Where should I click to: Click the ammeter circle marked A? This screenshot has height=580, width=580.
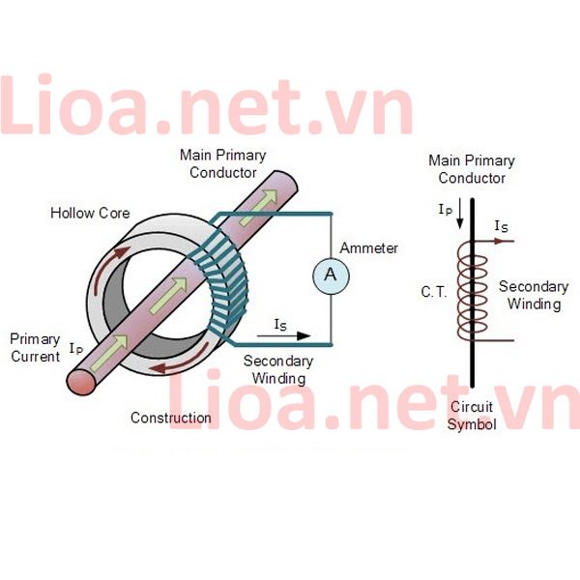[x=331, y=275]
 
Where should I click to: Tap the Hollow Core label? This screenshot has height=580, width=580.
[x=90, y=214]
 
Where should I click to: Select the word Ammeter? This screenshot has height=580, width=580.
[x=369, y=248]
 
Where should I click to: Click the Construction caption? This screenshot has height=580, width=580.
[x=171, y=418]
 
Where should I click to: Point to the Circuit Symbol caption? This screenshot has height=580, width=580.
[x=472, y=416]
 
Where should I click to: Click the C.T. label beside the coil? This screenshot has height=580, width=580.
[x=434, y=292]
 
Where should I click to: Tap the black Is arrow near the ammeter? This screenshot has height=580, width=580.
[x=283, y=335]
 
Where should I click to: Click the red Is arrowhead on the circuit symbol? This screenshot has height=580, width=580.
[x=500, y=241]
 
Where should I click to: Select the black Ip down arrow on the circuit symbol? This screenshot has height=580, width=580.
[x=460, y=214]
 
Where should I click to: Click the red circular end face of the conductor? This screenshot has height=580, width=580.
[x=81, y=382]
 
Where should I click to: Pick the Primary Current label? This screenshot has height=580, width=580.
[x=35, y=348]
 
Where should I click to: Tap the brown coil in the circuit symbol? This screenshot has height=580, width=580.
[x=473, y=291]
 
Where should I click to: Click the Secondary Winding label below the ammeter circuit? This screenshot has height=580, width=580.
[x=278, y=370]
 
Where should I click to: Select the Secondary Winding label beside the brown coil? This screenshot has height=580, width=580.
[x=534, y=296]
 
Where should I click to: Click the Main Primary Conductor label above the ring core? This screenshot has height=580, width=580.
[x=223, y=164]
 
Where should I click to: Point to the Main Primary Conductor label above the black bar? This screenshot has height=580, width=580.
[x=472, y=169]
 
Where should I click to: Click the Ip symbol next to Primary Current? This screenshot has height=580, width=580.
[x=76, y=349]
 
